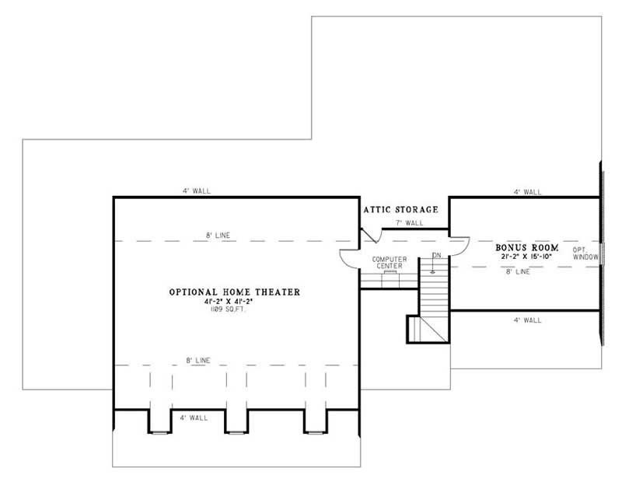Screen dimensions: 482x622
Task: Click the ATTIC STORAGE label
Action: [401, 209]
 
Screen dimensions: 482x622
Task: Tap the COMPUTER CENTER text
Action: [386, 262]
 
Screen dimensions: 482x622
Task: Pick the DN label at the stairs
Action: [436, 255]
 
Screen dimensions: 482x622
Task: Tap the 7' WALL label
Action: [408, 223]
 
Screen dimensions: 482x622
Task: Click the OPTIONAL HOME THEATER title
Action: [235, 292]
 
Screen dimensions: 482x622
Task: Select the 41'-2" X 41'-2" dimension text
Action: [235, 302]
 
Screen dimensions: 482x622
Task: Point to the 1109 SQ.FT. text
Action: [235, 309]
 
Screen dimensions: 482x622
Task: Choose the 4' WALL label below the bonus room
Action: [527, 320]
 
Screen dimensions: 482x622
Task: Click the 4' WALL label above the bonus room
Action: [527, 191]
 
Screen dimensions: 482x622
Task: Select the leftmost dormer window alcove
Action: [159, 419]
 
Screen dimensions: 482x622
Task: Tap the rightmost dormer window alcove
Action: [316, 419]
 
